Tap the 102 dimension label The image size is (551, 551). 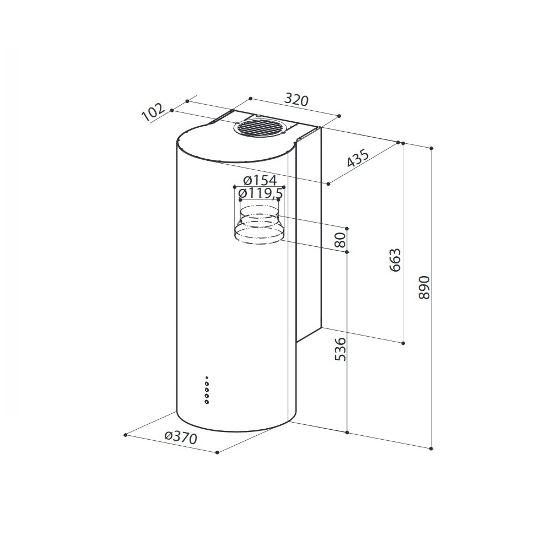pos(153,112)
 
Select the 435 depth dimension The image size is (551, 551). pos(358,158)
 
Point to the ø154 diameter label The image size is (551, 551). pos(260,180)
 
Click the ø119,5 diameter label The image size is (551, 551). pos(261,193)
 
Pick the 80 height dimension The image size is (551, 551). pos(341,240)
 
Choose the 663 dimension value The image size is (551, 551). pos(395,260)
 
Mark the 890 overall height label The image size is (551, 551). pos(424,288)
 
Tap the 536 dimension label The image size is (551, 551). pos(341,349)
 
